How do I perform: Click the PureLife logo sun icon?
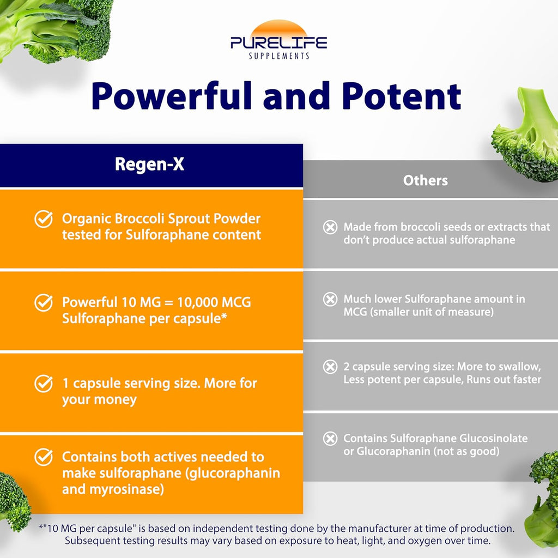tap(278, 29)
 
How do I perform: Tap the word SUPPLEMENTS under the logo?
tap(279, 56)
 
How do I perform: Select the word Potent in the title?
tap(402, 96)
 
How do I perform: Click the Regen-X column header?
tap(149, 164)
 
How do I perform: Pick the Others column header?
tap(425, 180)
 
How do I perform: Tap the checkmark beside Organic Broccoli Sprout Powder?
tap(44, 219)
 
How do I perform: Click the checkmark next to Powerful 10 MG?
tap(44, 302)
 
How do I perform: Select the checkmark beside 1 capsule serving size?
tap(44, 383)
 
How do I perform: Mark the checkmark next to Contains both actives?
tap(44, 457)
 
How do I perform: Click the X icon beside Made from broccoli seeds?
tap(330, 227)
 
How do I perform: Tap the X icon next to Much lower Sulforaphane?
tap(330, 299)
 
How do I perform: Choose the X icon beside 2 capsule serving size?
tap(330, 367)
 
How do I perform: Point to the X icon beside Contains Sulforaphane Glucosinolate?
tap(330, 439)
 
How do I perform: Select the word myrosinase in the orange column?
tap(126, 489)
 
